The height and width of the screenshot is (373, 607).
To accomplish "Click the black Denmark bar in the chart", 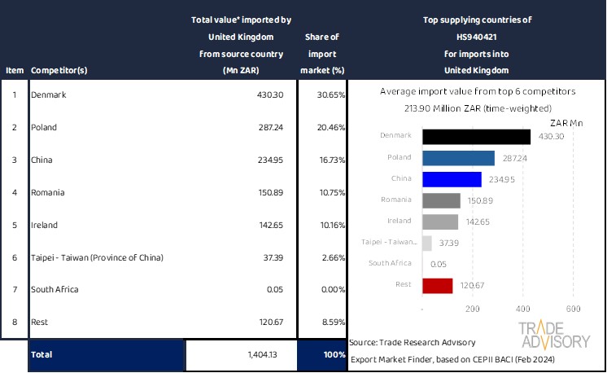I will [x=477, y=137].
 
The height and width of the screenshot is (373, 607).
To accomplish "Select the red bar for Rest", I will [x=438, y=286].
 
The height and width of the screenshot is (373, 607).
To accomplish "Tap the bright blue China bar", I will [x=452, y=179].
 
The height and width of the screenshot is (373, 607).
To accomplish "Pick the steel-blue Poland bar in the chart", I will [x=458, y=158].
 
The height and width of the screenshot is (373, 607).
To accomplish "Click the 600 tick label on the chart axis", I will [x=573, y=309].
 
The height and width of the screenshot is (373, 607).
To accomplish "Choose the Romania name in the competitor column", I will [x=47, y=193].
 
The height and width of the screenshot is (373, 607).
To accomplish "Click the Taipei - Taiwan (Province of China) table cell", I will [x=97, y=258].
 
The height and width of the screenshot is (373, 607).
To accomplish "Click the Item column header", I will [x=14, y=70].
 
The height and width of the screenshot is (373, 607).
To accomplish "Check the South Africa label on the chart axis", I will [x=391, y=264].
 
